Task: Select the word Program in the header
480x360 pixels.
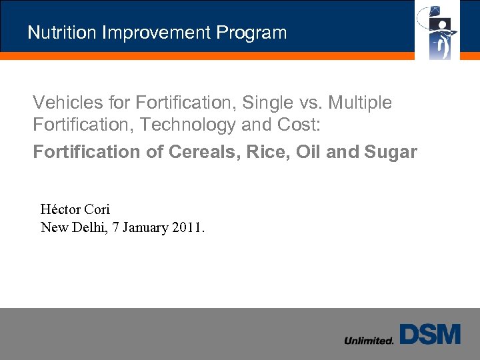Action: tap(257, 33)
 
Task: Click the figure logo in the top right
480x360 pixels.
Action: tap(438, 30)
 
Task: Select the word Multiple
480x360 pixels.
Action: tap(360, 103)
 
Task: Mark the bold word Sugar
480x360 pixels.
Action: tap(391, 152)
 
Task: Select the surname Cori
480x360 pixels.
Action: tap(97, 209)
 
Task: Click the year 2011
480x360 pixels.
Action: tap(189, 227)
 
